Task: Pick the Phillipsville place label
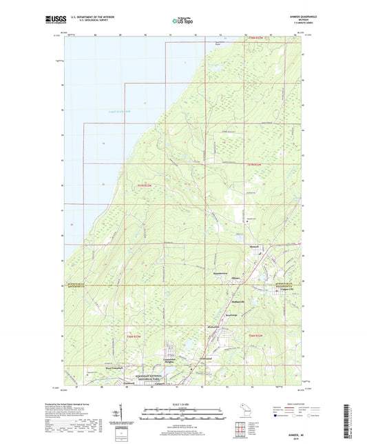click(x=237, y=301)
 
